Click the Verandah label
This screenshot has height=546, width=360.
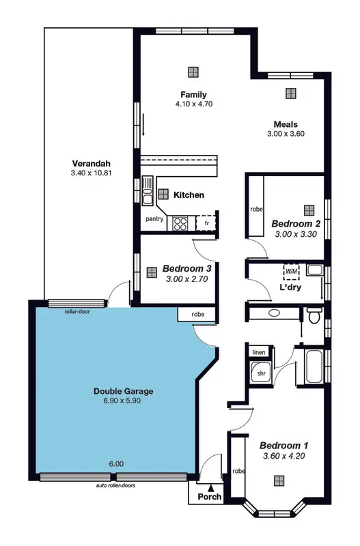[x=91, y=164]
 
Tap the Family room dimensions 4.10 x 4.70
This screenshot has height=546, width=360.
[x=193, y=104]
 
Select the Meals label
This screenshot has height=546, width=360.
[x=285, y=124]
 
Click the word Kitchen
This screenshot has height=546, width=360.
[x=189, y=195]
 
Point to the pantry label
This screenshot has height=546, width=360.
[x=155, y=219]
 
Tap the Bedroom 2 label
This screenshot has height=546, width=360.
[x=296, y=224]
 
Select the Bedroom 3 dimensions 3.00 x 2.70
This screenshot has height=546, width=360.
[x=188, y=278]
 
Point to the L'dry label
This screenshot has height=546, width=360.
[x=290, y=287]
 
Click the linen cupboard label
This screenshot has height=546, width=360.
[x=259, y=352]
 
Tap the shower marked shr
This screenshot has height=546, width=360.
[x=260, y=374]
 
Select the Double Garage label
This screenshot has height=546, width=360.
[x=123, y=392]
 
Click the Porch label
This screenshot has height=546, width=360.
[x=209, y=497]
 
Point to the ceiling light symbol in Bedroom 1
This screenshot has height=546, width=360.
[x=279, y=481]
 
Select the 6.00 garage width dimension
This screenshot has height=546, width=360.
[x=116, y=464]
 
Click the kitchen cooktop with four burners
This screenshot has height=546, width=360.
[x=180, y=222]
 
